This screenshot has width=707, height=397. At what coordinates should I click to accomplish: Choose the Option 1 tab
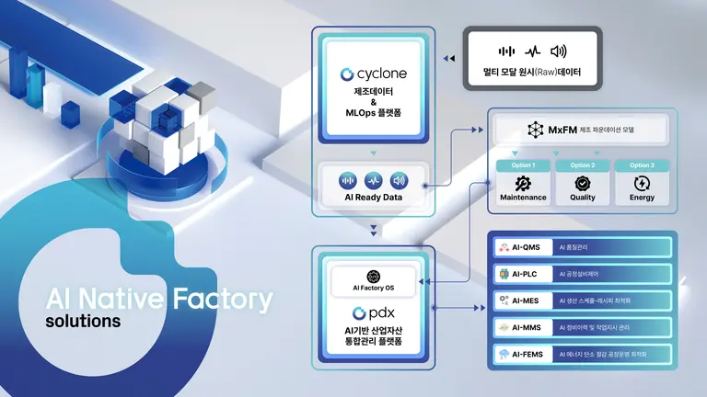click(x=522, y=165)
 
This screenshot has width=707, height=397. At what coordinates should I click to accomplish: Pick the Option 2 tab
click(x=583, y=165)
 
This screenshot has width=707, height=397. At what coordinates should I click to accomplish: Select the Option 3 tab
click(x=643, y=165)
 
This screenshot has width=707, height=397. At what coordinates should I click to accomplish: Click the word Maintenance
click(x=523, y=197)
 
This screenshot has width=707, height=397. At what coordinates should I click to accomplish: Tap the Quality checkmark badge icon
click(x=583, y=182)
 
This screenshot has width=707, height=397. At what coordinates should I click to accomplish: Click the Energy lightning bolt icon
click(x=643, y=182)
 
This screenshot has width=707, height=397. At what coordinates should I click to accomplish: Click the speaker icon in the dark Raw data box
click(x=558, y=51)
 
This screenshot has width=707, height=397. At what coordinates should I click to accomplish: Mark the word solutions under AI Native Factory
click(x=84, y=323)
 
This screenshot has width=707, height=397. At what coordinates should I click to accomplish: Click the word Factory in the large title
click(x=222, y=300)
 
